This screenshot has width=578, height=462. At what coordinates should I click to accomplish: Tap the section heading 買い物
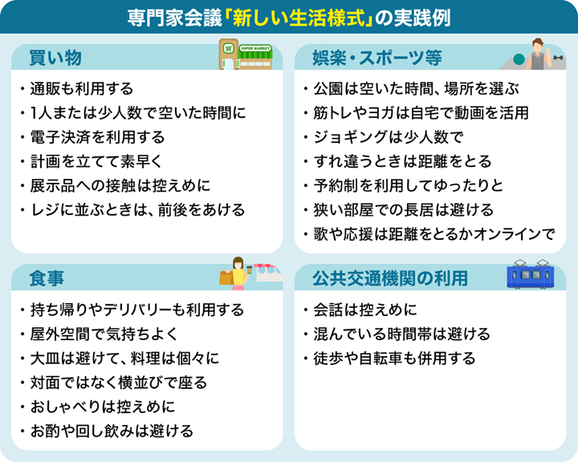[55, 58]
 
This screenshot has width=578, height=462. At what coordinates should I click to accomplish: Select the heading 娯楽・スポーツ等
[377, 58]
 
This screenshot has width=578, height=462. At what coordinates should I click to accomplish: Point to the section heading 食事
[47, 278]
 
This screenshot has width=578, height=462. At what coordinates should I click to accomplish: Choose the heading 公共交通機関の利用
[390, 278]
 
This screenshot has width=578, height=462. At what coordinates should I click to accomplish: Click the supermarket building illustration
[246, 55]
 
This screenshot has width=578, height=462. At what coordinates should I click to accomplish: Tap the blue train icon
[531, 274]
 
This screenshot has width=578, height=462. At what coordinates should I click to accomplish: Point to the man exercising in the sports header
[539, 54]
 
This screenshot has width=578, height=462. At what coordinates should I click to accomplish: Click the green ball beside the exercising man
[519, 59]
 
